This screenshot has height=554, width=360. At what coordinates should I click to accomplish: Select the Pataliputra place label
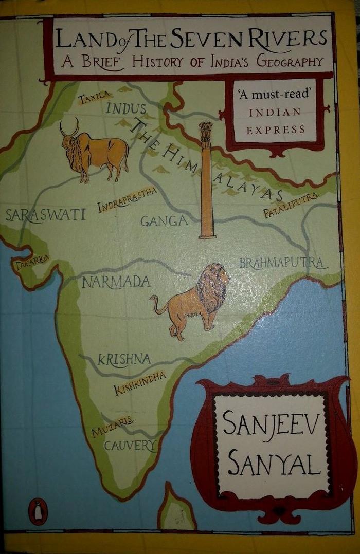click(291, 206)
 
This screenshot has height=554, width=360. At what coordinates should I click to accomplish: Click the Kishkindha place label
click(140, 383)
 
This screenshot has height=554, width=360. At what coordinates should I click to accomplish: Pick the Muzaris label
click(112, 427)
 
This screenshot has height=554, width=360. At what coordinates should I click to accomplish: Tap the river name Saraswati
click(45, 215)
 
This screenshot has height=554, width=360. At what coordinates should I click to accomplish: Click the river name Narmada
click(116, 282)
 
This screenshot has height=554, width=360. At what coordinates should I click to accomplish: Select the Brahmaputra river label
click(282, 263)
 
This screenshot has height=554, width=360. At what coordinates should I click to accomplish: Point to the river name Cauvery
click(129, 445)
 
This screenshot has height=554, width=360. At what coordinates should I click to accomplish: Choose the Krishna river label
click(124, 359)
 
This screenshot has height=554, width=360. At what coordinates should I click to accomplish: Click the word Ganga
click(164, 221)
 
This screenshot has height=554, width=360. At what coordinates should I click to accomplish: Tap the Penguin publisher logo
click(38, 512)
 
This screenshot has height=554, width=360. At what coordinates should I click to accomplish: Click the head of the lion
click(216, 282)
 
